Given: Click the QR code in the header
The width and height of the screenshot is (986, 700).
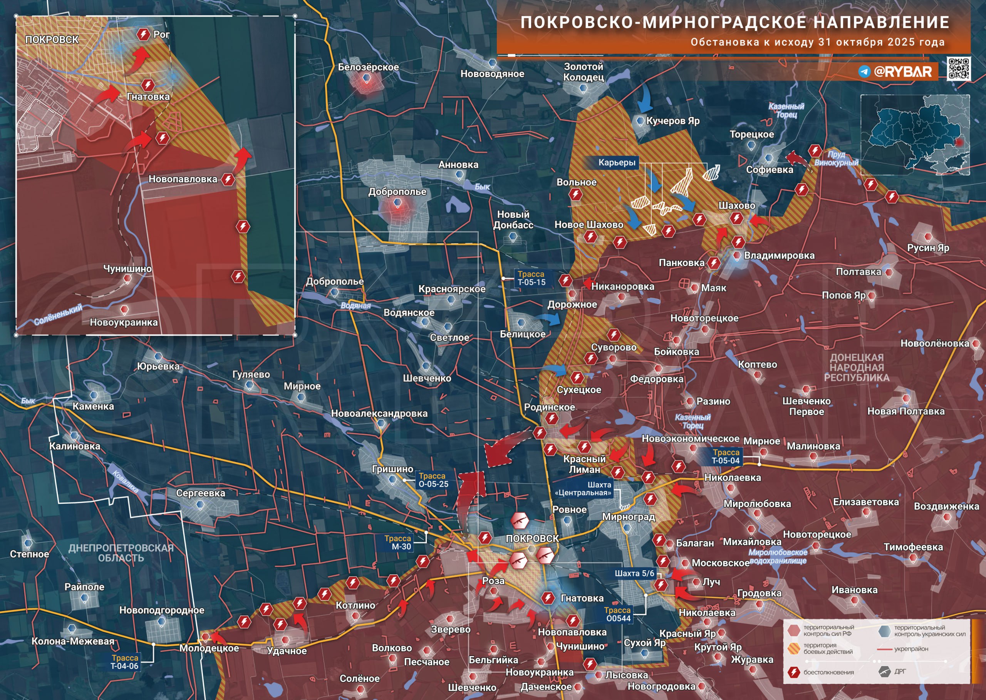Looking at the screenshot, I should tap(958, 68).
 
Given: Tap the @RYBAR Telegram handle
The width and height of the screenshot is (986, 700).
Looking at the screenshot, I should tap(902, 72).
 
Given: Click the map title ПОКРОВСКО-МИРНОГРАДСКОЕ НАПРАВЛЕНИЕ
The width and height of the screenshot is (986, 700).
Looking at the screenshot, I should tap(734, 22).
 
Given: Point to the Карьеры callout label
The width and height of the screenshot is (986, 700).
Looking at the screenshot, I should tap(616, 162).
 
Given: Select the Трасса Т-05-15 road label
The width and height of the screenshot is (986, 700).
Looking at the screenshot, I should tap(532, 278).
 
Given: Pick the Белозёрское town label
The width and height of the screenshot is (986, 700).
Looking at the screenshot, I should tap(368, 67).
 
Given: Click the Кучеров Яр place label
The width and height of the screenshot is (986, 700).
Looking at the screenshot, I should tap(672, 121).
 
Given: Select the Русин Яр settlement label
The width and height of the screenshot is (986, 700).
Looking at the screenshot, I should tap(928, 247).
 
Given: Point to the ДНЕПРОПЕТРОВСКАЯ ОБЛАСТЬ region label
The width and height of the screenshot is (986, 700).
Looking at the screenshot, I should tap(121, 553).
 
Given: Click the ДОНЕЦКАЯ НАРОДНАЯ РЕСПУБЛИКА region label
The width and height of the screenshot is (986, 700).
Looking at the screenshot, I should tap(857, 367).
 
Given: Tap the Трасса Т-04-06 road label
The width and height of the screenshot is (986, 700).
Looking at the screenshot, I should tap(125, 662).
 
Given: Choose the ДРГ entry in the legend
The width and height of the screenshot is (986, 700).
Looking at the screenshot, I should tap(900, 671).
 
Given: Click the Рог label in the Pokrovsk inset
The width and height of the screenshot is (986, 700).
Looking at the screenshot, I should tap(161, 35).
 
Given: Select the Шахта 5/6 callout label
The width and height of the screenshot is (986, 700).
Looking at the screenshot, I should tap(634, 573).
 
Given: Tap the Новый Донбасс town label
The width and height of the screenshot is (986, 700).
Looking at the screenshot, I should tap(513, 219).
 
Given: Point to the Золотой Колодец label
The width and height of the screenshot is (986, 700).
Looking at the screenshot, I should tap(583, 72).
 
